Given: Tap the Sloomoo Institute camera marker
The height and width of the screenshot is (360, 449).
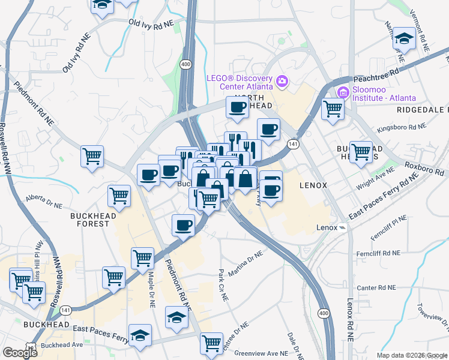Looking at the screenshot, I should [343, 92].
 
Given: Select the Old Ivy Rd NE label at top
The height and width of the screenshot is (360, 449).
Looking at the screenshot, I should [151, 23].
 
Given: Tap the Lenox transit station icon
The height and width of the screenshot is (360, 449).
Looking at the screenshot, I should [342, 228].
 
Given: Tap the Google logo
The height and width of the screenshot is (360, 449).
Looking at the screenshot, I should [20, 352].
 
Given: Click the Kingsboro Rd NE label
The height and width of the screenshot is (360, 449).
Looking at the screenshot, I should [400, 128].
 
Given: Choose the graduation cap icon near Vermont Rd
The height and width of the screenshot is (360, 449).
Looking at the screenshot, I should [405, 40].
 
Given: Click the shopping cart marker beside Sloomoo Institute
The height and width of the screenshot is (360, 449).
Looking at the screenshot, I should [332, 109].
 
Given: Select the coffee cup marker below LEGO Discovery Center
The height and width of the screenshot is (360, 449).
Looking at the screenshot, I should [237, 107].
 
